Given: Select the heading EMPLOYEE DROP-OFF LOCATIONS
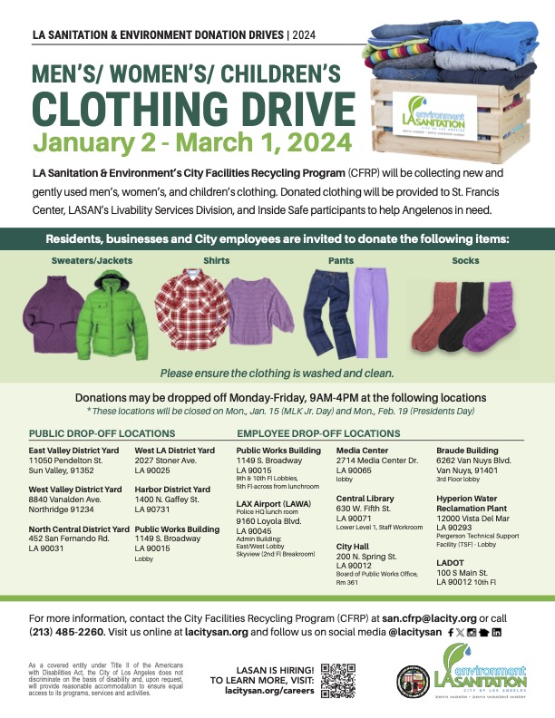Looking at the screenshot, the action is pos(318,434).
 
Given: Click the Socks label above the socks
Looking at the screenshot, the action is pos(465,261).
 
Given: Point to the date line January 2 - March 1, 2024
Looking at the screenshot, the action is pos(191,141).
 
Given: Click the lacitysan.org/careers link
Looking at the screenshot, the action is pos(262,690).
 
